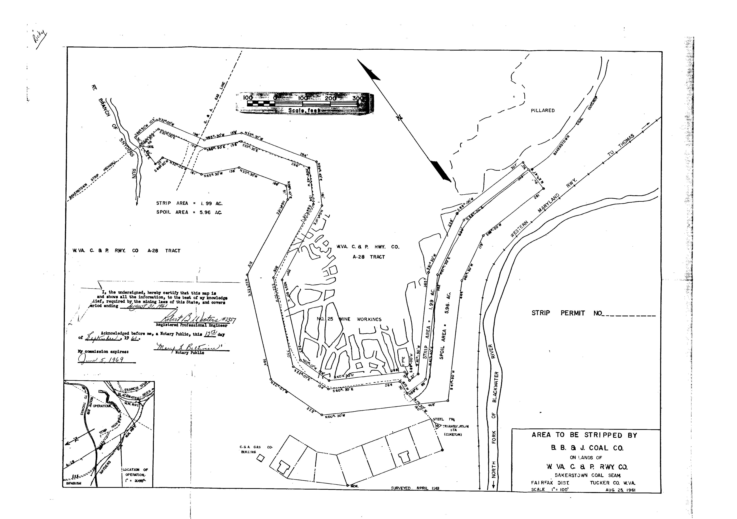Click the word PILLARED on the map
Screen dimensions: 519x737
543,110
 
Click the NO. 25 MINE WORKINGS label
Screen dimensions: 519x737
349,319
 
